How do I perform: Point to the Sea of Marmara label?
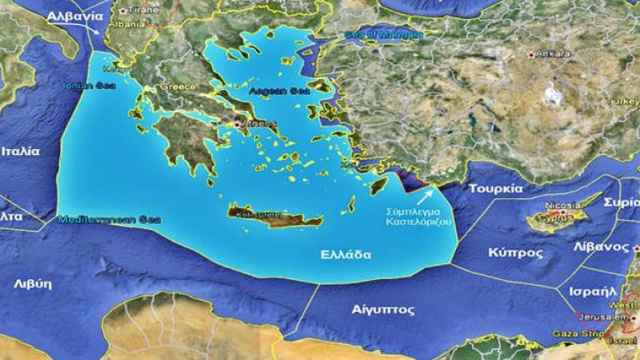(x=383, y=35)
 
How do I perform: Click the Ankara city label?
(x=552, y=53)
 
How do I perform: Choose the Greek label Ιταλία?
(x=20, y=152)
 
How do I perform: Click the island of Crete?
(x=275, y=216)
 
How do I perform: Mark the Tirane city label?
(x=141, y=10)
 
